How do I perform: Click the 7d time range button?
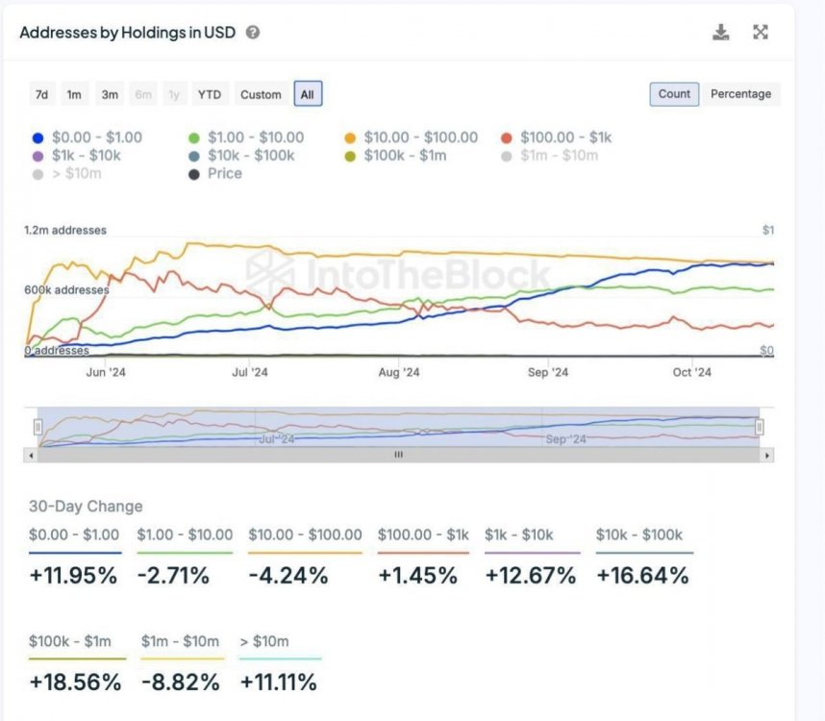click(41, 94)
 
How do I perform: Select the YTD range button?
click(209, 94)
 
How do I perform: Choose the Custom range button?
click(261, 94)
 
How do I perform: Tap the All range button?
click(308, 94)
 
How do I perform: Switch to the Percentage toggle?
click(740, 94)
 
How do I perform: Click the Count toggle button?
click(674, 94)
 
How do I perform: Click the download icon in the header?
click(721, 33)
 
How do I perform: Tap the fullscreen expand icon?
click(761, 33)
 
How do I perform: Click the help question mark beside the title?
click(253, 33)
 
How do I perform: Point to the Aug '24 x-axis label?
click(398, 373)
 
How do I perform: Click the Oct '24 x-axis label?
click(691, 373)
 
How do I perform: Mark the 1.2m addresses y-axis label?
click(65, 231)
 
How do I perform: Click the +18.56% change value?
click(76, 683)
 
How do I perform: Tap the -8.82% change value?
click(180, 683)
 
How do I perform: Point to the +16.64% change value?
click(642, 576)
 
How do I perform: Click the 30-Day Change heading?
click(86, 507)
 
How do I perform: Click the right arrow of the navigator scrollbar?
click(766, 456)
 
